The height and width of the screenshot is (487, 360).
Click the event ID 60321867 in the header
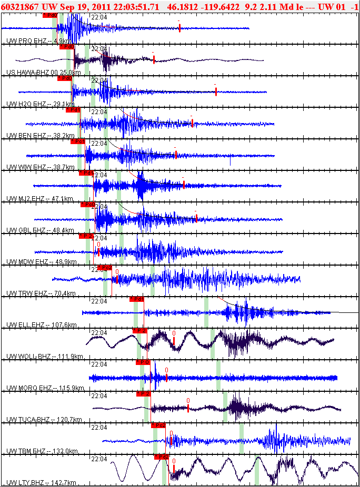pos(20,6)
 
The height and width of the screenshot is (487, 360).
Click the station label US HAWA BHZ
pos(28,72)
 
